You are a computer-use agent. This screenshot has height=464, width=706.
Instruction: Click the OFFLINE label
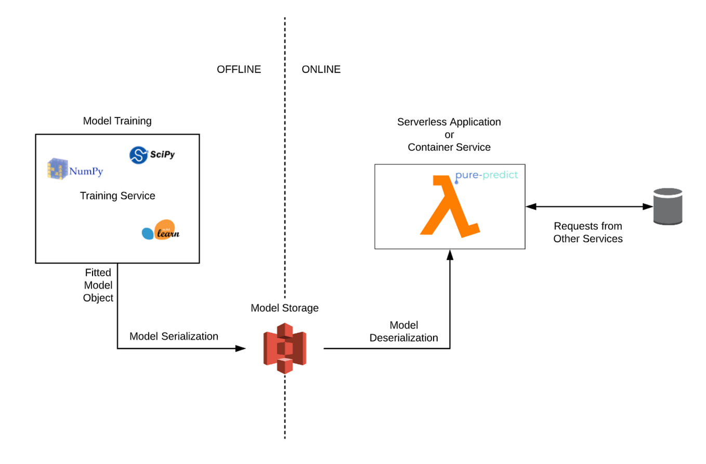point(239,69)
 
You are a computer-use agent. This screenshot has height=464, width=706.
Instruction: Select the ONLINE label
point(321,69)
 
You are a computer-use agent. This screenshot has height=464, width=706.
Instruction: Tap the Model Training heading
point(117,121)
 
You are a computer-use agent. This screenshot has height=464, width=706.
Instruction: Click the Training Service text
point(117,196)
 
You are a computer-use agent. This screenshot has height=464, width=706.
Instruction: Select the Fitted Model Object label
point(99,285)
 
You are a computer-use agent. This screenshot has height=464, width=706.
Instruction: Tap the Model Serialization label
point(174,336)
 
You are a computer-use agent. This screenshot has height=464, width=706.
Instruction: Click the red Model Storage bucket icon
point(284,348)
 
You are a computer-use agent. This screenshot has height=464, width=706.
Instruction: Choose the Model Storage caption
point(284,308)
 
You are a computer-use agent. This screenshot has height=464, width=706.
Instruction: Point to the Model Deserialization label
point(403,331)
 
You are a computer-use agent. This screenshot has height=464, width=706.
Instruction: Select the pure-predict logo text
point(487,175)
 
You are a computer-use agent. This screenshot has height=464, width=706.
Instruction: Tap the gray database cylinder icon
point(668,207)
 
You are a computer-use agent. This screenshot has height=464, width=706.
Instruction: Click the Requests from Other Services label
point(588,233)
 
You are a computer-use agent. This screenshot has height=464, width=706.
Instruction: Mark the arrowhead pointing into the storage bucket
point(241,348)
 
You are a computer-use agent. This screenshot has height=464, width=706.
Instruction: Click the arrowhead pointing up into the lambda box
point(450,254)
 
